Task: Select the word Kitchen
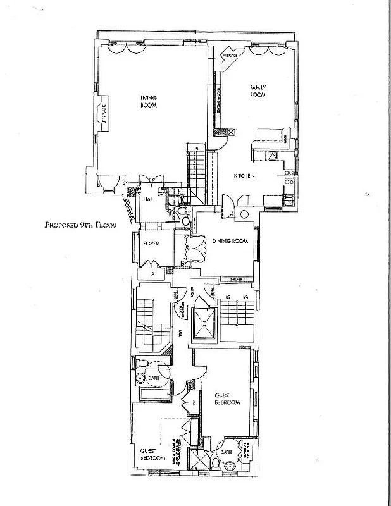click(244, 176)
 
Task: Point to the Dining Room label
click(230, 241)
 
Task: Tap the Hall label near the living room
click(149, 199)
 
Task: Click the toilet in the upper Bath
click(143, 364)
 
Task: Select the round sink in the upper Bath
click(140, 379)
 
